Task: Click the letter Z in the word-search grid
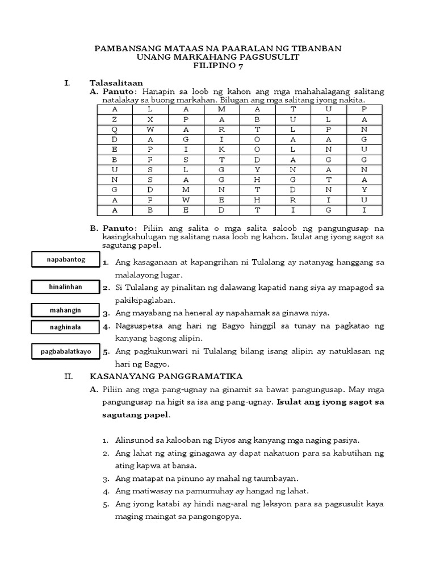[x=114, y=119]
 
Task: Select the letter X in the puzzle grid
[x=150, y=119]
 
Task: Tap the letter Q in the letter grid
[x=114, y=130]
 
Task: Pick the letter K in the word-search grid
[x=221, y=150]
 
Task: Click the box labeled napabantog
[x=66, y=260]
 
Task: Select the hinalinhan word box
[x=65, y=287]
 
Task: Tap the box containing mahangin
[x=65, y=310]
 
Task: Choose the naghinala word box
[x=65, y=327]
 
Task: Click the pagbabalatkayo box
[x=66, y=351]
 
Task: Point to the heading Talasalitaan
[x=116, y=83]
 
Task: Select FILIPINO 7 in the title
[x=217, y=66]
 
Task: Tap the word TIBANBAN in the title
[x=316, y=49]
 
